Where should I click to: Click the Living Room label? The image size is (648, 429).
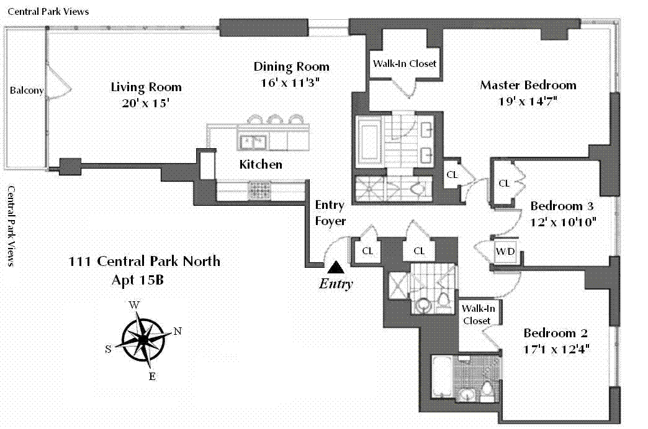pyautogui.click(x=146, y=87)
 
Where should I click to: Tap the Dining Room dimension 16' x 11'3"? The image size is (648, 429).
pyautogui.click(x=290, y=82)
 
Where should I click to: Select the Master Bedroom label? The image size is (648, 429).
pyautogui.click(x=528, y=85)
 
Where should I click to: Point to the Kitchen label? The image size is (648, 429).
pyautogui.click(x=261, y=164)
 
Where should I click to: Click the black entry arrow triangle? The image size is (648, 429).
pyautogui.click(x=336, y=267)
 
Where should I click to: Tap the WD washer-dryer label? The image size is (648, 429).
pyautogui.click(x=505, y=251)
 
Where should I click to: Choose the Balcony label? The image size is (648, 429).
pyautogui.click(x=27, y=91)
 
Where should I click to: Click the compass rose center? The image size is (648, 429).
pyautogui.click(x=143, y=339)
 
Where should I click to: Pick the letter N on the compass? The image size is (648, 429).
pyautogui.click(x=178, y=331)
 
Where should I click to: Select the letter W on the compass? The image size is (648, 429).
pyautogui.click(x=134, y=305)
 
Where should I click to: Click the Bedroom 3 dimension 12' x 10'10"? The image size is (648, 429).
pyautogui.click(x=563, y=222)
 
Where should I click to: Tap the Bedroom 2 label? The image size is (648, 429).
pyautogui.click(x=556, y=333)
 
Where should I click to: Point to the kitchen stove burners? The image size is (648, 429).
pyautogui.click(x=259, y=191)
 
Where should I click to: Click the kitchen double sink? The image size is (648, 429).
pyautogui.click(x=253, y=143)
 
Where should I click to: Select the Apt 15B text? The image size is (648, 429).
pyautogui.click(x=138, y=280)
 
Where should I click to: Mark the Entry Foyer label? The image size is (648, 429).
pyautogui.click(x=330, y=213)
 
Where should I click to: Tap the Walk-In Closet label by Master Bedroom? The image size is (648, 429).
pyautogui.click(x=405, y=64)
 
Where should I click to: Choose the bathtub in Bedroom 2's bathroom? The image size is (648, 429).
pyautogui.click(x=442, y=376)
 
